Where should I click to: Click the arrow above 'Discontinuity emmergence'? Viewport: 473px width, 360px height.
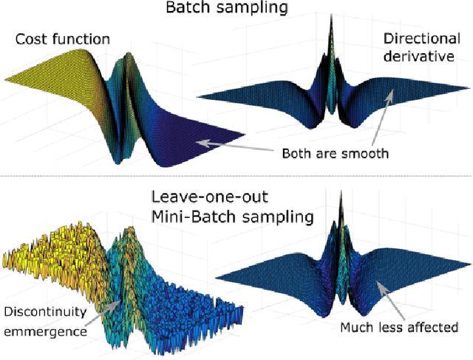pos(103,306)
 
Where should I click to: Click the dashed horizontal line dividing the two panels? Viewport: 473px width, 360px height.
pos(236,176)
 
